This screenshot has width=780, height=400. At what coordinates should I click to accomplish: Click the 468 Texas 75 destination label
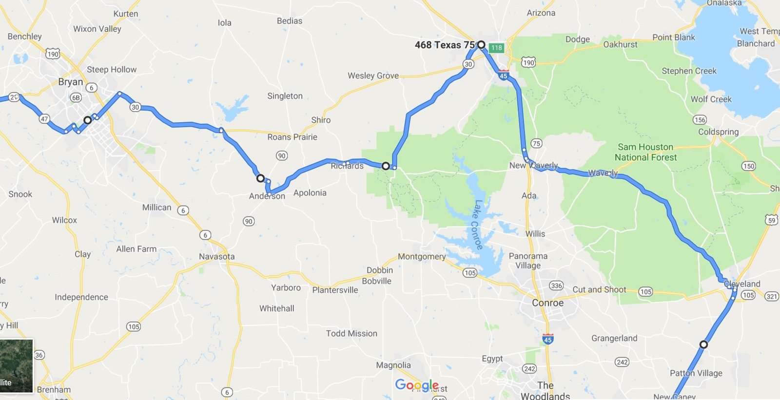pyautogui.click(x=444, y=45)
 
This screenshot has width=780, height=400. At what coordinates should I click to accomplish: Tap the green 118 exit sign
pyautogui.click(x=496, y=47)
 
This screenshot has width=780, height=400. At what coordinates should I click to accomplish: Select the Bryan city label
pyautogui.click(x=70, y=82)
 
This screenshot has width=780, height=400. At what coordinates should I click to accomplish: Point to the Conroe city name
pyautogui.click(x=547, y=303)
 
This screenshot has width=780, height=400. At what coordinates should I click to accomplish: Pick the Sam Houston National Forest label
pyautogui.click(x=645, y=152)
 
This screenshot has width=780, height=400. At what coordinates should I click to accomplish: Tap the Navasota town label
pyautogui.click(x=216, y=256)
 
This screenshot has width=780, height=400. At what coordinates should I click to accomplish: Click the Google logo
pyautogui.click(x=417, y=385)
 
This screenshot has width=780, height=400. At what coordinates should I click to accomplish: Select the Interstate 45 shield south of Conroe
pyautogui.click(x=548, y=339)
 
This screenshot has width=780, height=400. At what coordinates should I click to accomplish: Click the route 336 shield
pyautogui.click(x=556, y=286)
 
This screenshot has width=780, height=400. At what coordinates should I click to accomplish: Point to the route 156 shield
pyautogui.click(x=700, y=120)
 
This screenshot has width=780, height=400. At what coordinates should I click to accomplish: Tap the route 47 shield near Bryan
pyautogui.click(x=44, y=118)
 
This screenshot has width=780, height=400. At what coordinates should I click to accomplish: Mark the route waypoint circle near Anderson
pyautogui.click(x=261, y=178)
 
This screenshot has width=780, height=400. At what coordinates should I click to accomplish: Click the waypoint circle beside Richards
pyautogui.click(x=386, y=166)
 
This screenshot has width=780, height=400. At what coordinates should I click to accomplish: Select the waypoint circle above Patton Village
pyautogui.click(x=703, y=344)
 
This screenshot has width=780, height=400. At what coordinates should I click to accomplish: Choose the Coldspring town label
pyautogui.click(x=718, y=132)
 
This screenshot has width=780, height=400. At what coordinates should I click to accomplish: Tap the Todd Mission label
pyautogui.click(x=351, y=333)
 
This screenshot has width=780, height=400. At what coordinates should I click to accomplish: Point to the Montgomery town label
pyautogui.click(x=422, y=256)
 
